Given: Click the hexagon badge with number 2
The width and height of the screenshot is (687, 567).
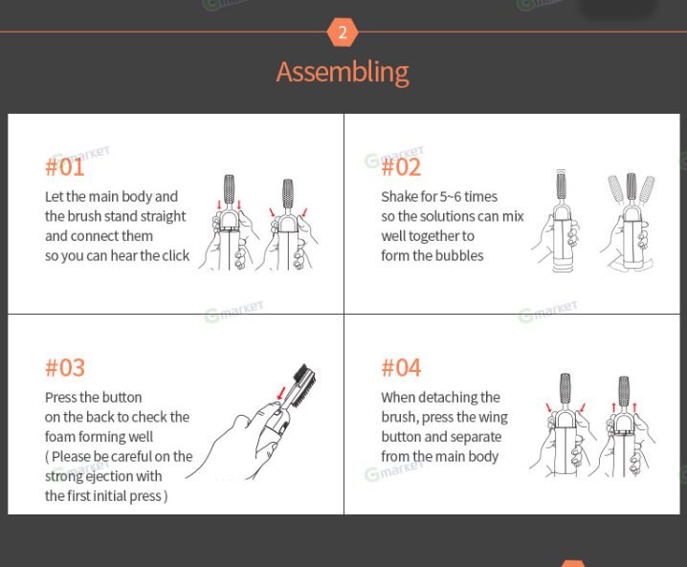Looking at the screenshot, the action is point(343,32).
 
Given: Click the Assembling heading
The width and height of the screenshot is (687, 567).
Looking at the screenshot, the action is point(343,73).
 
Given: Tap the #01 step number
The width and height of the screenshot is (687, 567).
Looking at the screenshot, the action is point(65,167).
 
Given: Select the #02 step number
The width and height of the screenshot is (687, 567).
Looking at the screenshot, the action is point(401,167).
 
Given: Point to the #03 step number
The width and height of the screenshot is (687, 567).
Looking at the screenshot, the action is point(65,368).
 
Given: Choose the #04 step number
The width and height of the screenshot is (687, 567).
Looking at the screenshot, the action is point(401,368).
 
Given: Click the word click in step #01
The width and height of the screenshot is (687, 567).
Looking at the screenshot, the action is point(176,255).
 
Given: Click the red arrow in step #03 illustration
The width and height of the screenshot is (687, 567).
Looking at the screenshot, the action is point(281,393).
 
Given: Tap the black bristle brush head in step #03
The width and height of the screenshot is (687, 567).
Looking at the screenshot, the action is point(304,385).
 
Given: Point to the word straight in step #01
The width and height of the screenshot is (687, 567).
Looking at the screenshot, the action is point(162,217).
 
